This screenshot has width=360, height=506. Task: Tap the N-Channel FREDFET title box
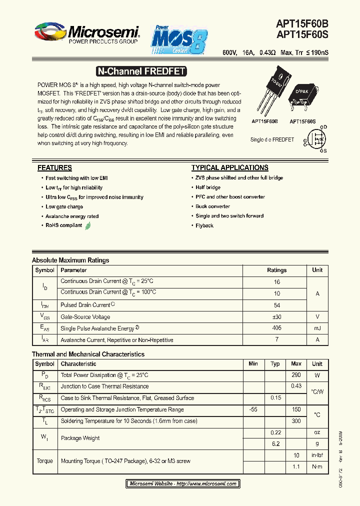coord(133,71)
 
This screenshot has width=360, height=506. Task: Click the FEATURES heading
coord(54,167)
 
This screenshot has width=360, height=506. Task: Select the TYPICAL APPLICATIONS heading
coord(229,167)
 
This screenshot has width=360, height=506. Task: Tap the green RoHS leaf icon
coord(88,225)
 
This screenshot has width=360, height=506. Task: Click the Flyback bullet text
coord(204,225)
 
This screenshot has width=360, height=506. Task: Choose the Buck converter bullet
coord(212,206)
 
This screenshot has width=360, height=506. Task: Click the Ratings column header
coord(276,270)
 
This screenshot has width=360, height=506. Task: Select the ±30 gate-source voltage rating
coord(276,317)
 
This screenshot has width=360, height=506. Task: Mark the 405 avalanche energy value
coord(276,328)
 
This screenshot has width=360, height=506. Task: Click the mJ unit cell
coord(317,328)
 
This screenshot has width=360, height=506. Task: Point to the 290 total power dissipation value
coord(296,375)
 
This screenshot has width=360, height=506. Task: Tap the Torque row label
coord(44,461)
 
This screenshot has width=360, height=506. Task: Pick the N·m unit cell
coord(317,466)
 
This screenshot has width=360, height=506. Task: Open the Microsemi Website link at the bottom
coord(182,484)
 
